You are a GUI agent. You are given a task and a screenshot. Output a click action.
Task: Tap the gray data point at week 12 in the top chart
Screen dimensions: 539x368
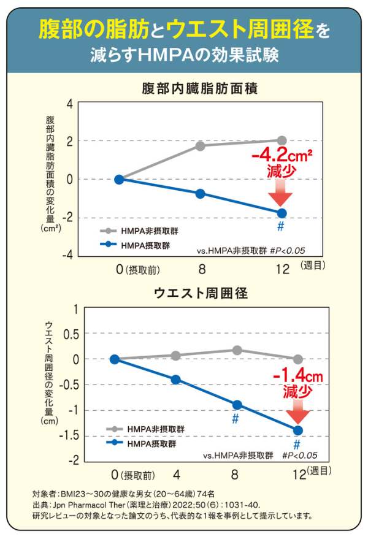click(282, 140)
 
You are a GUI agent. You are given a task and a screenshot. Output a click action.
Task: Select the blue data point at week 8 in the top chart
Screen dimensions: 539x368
click(200, 194)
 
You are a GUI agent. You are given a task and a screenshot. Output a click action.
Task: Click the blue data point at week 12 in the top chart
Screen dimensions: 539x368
click(282, 213)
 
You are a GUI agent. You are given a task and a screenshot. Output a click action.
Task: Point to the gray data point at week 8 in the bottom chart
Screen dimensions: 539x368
click(237, 350)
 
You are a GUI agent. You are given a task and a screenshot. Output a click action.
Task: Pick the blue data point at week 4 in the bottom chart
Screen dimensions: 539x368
click(176, 380)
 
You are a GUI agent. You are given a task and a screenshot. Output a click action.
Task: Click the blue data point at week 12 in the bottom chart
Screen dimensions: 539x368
click(298, 430)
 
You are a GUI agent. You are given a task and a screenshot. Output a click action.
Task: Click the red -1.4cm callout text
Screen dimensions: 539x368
click(297, 375)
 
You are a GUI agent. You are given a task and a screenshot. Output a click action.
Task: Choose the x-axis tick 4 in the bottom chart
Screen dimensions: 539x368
click(176, 474)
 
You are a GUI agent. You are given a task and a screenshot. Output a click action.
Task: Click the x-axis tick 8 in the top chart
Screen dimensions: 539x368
click(200, 269)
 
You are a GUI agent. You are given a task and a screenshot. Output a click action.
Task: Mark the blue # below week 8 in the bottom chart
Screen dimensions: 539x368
click(234, 419)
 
